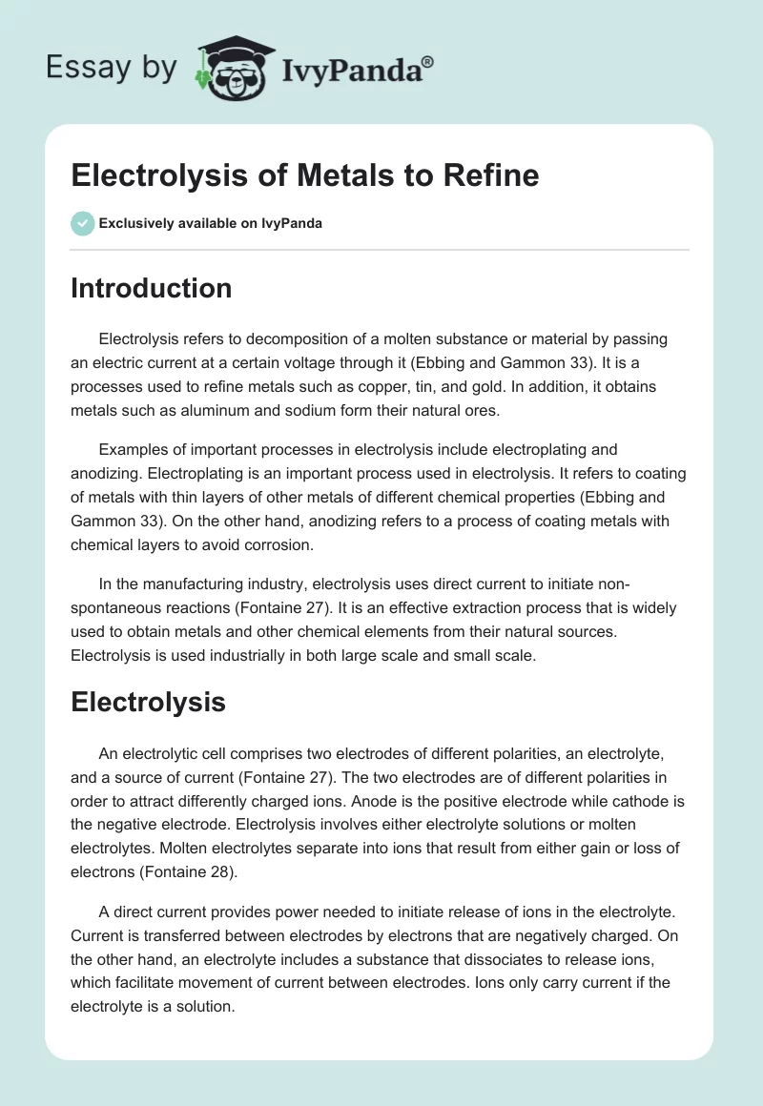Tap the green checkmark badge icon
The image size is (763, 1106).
[82, 223]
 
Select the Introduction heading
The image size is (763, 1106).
[151, 288]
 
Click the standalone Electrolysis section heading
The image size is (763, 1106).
[148, 703]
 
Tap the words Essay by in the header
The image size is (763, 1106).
[113, 68]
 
